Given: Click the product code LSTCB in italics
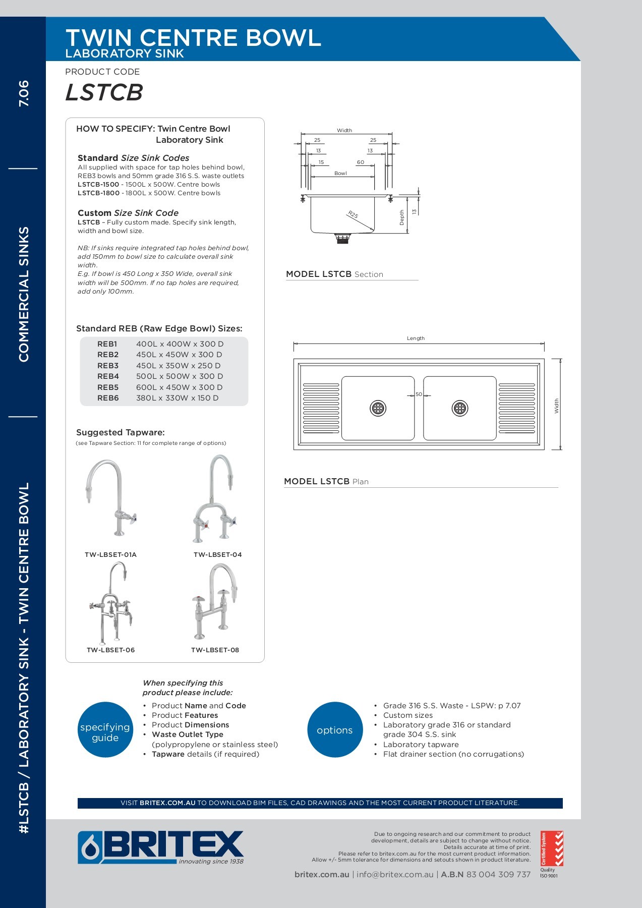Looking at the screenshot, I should [104, 92].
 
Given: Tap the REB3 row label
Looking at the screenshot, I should [108, 366].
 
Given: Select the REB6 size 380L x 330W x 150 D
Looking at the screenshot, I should [177, 398].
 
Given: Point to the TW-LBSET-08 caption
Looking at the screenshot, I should [215, 650].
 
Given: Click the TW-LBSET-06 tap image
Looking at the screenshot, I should [111, 603].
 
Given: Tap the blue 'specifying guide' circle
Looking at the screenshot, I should [105, 730].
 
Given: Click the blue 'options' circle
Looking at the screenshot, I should [335, 730].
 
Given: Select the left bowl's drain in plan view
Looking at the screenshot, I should [378, 408].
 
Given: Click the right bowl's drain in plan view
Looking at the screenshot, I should [460, 408].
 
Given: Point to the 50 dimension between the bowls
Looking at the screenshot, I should [419, 394].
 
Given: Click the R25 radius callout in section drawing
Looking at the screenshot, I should [353, 214].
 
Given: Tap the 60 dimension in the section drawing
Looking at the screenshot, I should [360, 162].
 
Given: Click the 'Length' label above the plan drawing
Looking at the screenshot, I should [416, 338].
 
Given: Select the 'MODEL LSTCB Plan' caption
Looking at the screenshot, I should [326, 481].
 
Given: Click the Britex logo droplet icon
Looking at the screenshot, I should [90, 848].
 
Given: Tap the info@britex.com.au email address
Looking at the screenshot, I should [395, 875].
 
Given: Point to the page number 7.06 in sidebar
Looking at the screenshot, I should [24, 93].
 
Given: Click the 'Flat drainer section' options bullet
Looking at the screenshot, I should [453, 754].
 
